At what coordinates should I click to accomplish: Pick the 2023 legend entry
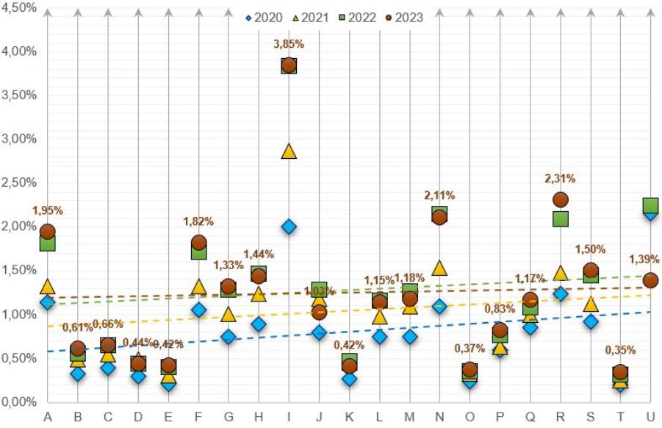(x=410, y=17)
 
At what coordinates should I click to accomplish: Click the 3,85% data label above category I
(x=289, y=44)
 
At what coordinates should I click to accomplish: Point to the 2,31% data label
(x=560, y=178)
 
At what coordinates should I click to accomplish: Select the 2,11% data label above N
(x=439, y=195)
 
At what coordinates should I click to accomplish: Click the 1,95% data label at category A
(x=48, y=210)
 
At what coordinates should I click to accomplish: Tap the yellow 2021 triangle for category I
(x=289, y=151)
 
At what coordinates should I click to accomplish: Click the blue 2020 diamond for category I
(x=289, y=227)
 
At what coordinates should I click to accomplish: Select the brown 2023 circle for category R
(x=560, y=199)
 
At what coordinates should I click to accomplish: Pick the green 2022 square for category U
(x=650, y=205)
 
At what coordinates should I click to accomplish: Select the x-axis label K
(x=349, y=418)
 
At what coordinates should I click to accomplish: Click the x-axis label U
(x=650, y=418)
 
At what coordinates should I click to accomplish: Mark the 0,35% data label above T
(x=620, y=350)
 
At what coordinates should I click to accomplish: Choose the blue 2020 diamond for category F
(x=198, y=310)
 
